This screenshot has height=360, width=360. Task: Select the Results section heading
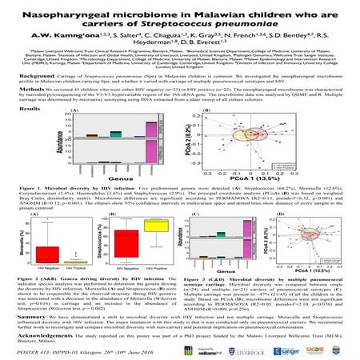click(x=30, y=130)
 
